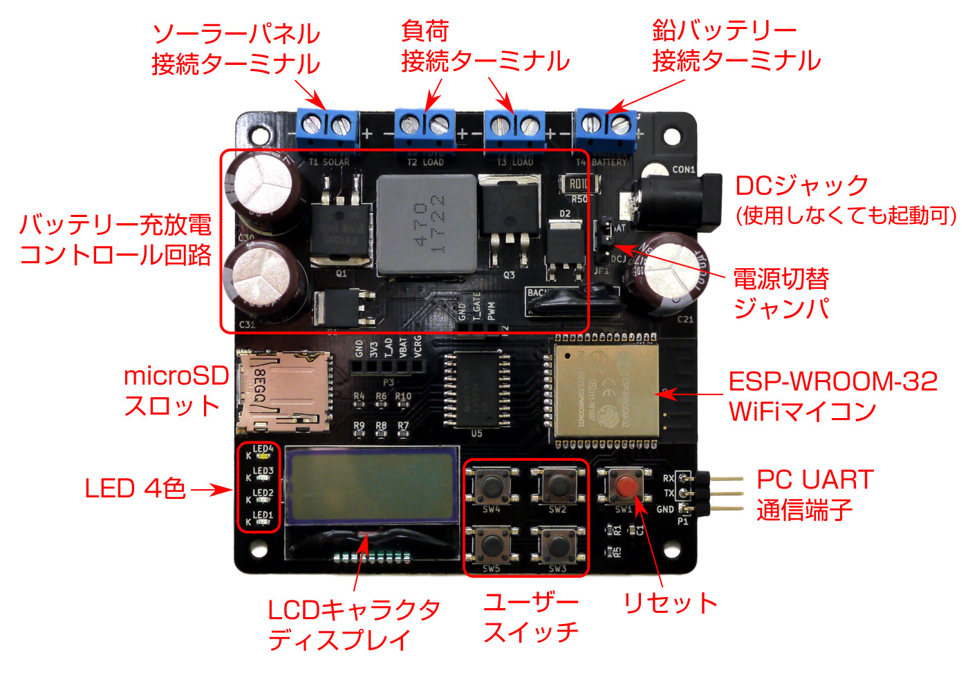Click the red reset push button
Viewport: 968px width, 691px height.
[626, 486]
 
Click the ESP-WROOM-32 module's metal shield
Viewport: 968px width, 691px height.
[606, 390]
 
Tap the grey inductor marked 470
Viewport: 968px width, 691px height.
[427, 223]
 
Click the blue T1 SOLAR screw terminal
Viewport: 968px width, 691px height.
[328, 126]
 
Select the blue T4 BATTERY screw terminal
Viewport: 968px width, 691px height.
[606, 126]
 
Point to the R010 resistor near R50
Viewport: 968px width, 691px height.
[578, 184]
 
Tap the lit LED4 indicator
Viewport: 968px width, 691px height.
[263, 457]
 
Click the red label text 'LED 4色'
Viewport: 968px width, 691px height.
[135, 489]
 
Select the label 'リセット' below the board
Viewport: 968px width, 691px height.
[670, 603]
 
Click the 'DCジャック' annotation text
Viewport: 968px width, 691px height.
[801, 185]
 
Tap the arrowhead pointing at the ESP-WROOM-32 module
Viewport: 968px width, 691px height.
[664, 394]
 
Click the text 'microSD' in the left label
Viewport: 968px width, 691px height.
[176, 376]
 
